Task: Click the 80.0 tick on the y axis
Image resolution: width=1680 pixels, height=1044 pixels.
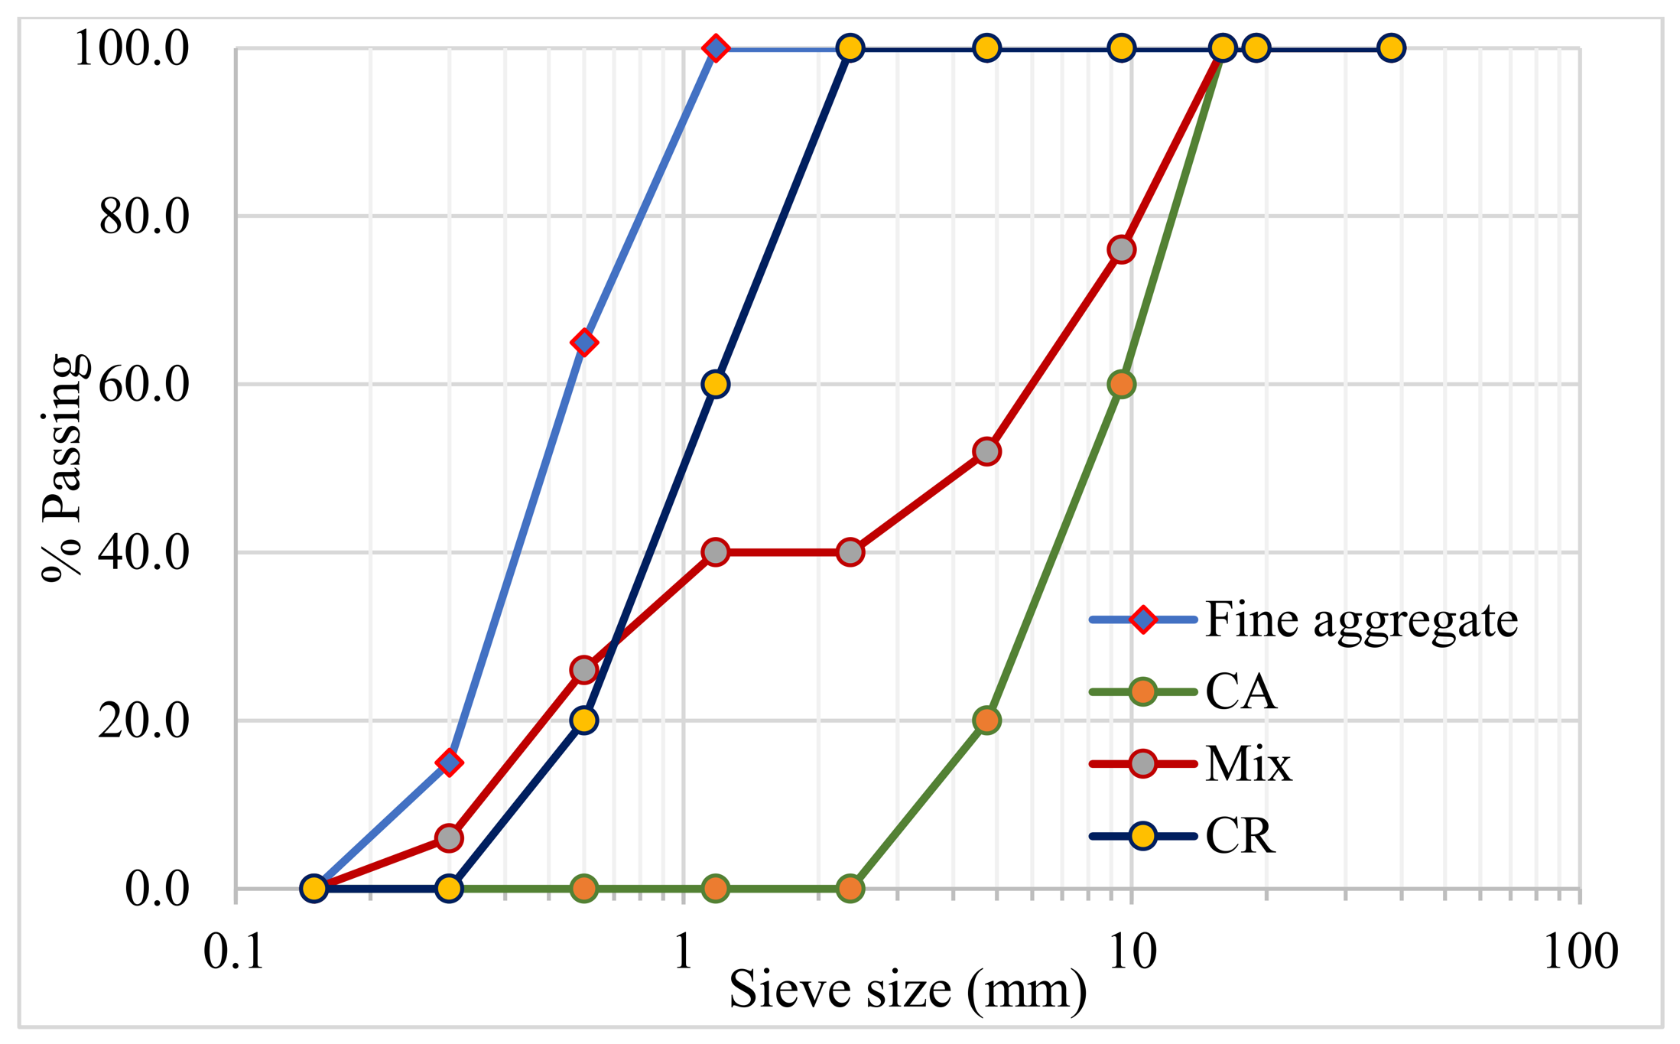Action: pyautogui.click(x=143, y=216)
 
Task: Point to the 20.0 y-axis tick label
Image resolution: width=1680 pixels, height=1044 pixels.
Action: pyautogui.click(x=143, y=720)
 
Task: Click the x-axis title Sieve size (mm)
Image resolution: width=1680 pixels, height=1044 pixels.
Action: pyautogui.click(x=907, y=990)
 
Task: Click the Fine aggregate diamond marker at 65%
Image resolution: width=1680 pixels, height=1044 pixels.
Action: pyautogui.click(x=584, y=342)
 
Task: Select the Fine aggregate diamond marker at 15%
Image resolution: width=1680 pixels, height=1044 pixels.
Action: pyautogui.click(x=450, y=762)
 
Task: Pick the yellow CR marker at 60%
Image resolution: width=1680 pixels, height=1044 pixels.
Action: pyautogui.click(x=715, y=384)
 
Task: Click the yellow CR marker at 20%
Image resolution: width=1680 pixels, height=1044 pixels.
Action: pyautogui.click(x=584, y=720)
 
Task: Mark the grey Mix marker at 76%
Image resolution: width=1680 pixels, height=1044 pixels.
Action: pyautogui.click(x=1121, y=249)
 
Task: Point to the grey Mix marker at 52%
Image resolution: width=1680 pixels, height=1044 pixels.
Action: pyautogui.click(x=987, y=451)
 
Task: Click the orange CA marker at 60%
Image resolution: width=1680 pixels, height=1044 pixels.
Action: pyautogui.click(x=1121, y=384)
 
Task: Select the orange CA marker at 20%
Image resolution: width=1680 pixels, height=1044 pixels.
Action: pyautogui.click(x=987, y=720)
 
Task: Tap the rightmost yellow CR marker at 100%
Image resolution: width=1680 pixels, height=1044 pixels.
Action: pyautogui.click(x=1391, y=48)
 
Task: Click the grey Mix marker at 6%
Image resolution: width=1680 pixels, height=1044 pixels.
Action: pyautogui.click(x=450, y=837)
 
